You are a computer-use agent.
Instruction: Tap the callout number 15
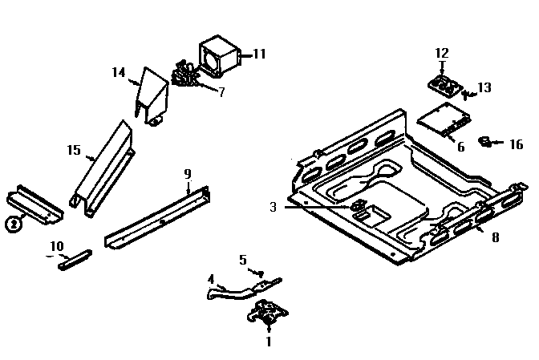(74, 149)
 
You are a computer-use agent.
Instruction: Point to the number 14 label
(119, 72)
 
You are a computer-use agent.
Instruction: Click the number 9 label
(187, 173)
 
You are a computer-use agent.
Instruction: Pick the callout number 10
(57, 245)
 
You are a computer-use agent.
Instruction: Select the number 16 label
(517, 145)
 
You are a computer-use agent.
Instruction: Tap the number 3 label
(273, 207)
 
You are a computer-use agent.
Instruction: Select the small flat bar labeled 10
(74, 261)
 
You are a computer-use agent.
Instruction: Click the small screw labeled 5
(261, 273)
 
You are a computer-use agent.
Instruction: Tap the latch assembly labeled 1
(266, 313)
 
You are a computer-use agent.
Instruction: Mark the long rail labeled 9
(156, 219)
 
